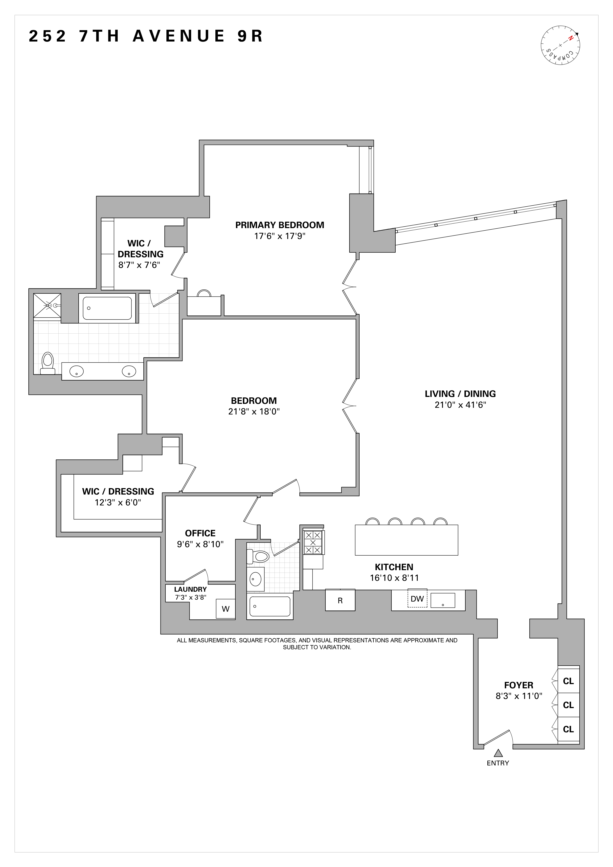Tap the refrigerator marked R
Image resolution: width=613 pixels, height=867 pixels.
coord(340,600)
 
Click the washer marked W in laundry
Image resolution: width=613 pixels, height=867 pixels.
coord(226,609)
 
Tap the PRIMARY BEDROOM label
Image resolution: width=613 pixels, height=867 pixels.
coord(279,225)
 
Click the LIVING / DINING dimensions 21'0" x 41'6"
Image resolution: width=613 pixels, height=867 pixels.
coord(460,405)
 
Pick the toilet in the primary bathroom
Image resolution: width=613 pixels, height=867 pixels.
coord(47,363)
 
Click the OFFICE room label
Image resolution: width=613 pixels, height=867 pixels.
coord(200,533)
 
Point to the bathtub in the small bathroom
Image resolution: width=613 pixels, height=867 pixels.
coord(270,606)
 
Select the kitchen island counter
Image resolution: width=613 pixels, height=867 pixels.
coord(407,540)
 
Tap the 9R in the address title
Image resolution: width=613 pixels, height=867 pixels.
coord(250,36)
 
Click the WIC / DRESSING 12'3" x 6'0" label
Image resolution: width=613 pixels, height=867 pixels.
coord(118,497)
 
